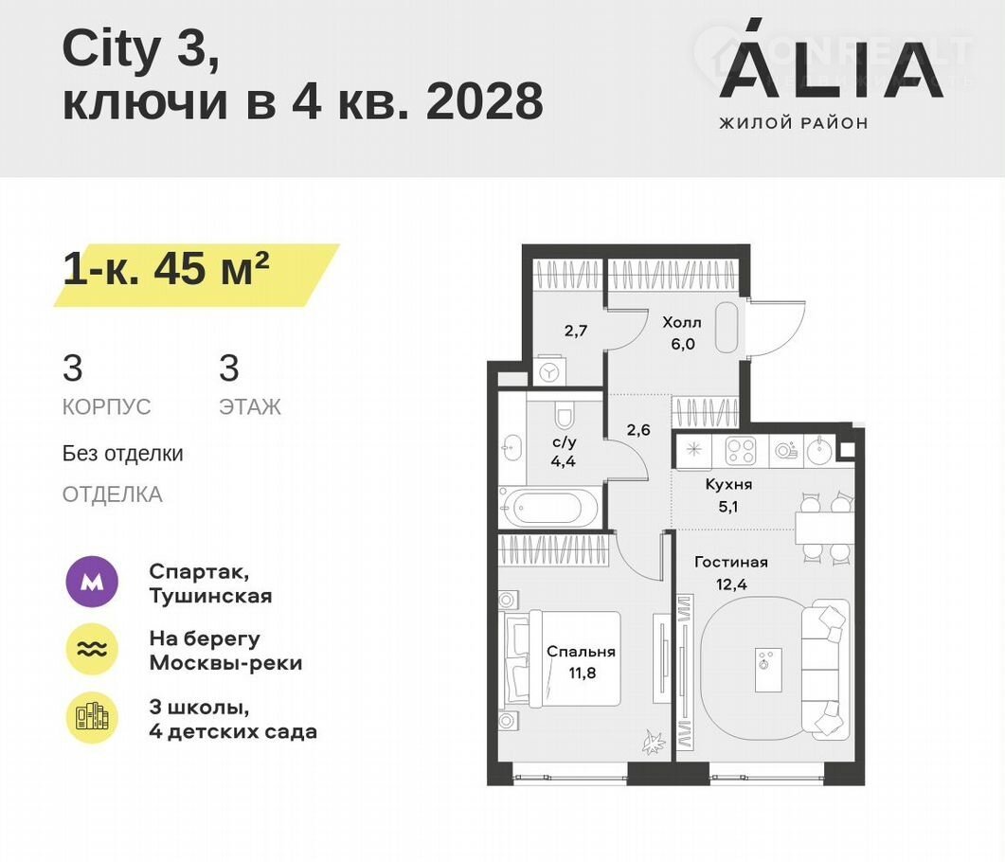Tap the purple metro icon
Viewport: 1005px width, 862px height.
pyautogui.click(x=92, y=582)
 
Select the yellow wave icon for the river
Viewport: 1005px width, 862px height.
pyautogui.click(x=92, y=649)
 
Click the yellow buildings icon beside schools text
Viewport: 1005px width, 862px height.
pyautogui.click(x=92, y=717)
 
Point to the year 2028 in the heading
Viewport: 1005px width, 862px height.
pyautogui.click(x=485, y=101)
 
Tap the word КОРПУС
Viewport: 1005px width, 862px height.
pyautogui.click(x=106, y=407)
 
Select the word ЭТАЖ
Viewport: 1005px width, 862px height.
pyautogui.click(x=250, y=407)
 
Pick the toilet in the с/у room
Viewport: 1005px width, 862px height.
pyautogui.click(x=564, y=416)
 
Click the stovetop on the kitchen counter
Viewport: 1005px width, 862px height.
pyautogui.click(x=741, y=451)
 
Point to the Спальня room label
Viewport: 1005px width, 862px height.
pyautogui.click(x=581, y=653)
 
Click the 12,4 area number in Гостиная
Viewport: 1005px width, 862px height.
pyautogui.click(x=731, y=584)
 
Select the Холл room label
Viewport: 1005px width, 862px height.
pyautogui.click(x=682, y=322)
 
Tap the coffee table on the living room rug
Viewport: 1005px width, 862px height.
pyautogui.click(x=768, y=669)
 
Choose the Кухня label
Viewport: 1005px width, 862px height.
pyautogui.click(x=728, y=484)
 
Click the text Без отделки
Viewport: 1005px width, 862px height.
pyautogui.click(x=123, y=454)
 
